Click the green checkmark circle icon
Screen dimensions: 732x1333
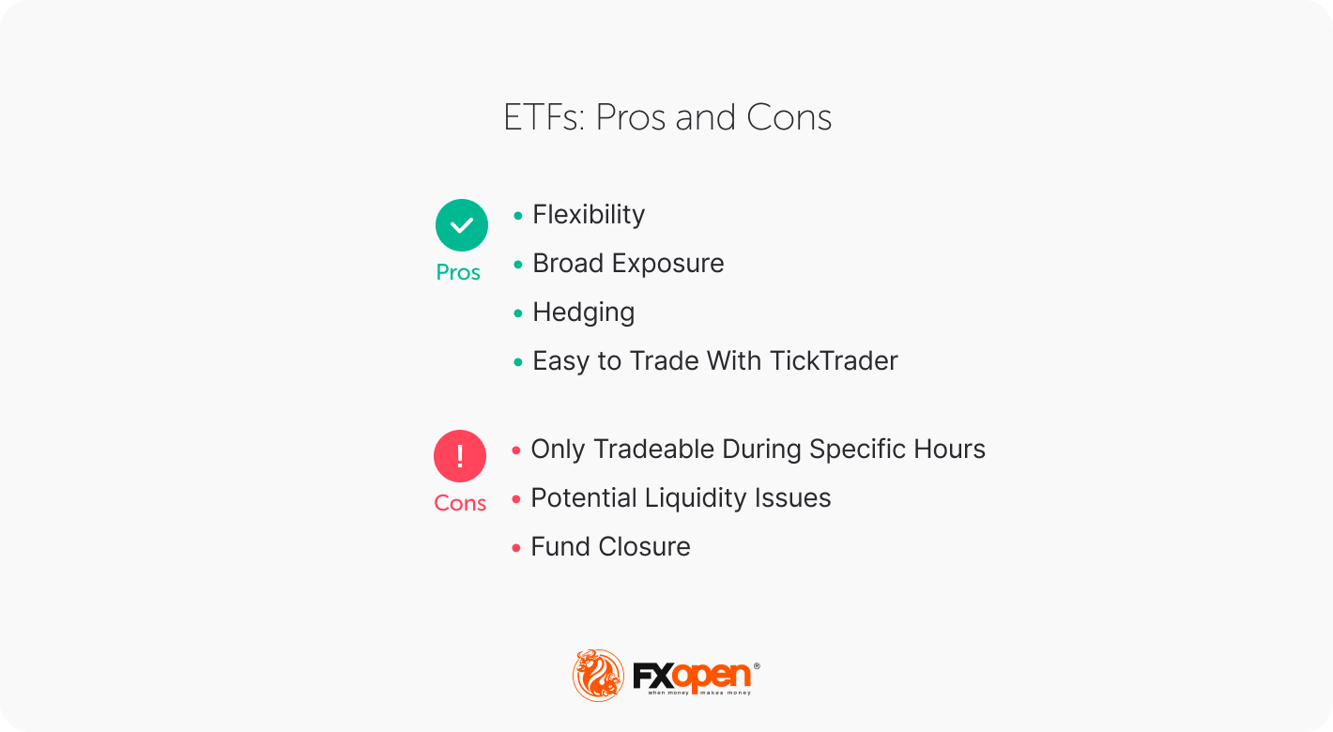coord(462,225)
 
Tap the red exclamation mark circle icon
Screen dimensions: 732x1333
coord(460,456)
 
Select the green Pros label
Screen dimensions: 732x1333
coord(458,272)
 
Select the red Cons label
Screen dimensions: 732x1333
coord(460,503)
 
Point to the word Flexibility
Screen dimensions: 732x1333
coord(589,215)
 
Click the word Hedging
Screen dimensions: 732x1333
coord(583,313)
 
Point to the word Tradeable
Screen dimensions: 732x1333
coord(648,450)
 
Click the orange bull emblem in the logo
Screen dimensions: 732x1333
coord(598,675)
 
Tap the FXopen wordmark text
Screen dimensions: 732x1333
coord(692,675)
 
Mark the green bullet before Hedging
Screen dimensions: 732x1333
coord(518,313)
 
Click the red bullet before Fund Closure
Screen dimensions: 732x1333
coord(516,548)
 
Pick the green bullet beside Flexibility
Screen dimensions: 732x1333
coord(518,216)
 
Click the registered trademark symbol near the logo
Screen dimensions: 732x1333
coord(757,665)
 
